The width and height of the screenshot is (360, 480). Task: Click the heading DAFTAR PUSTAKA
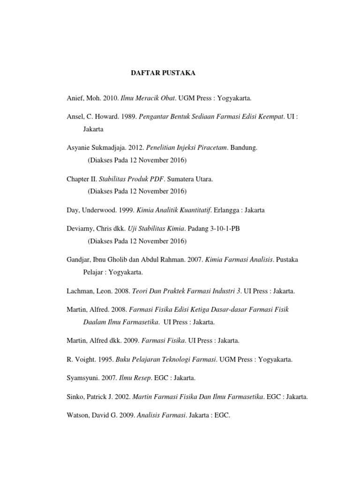[x=163, y=74]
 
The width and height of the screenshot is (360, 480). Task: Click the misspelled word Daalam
[x=94, y=322]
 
